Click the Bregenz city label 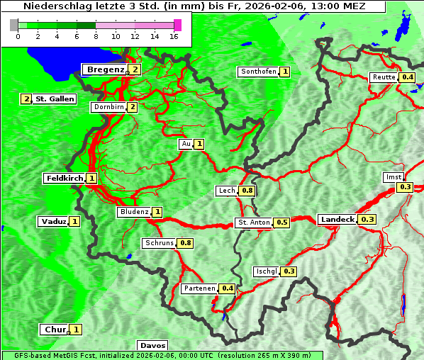tap(105, 69)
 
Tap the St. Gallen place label tap(55, 99)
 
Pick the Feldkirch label tap(64, 178)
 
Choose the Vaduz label tap(53, 222)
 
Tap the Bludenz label tap(134, 212)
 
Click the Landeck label tap(337, 220)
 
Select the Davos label tap(152, 345)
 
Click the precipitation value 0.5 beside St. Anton tap(282, 223)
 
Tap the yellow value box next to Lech tap(247, 191)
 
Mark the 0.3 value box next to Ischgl tap(289, 271)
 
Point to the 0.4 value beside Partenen tap(228, 288)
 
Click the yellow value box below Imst tap(405, 187)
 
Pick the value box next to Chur tap(76, 330)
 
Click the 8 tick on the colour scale tap(96, 36)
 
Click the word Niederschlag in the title tap(53, 6)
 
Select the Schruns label tap(159, 243)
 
